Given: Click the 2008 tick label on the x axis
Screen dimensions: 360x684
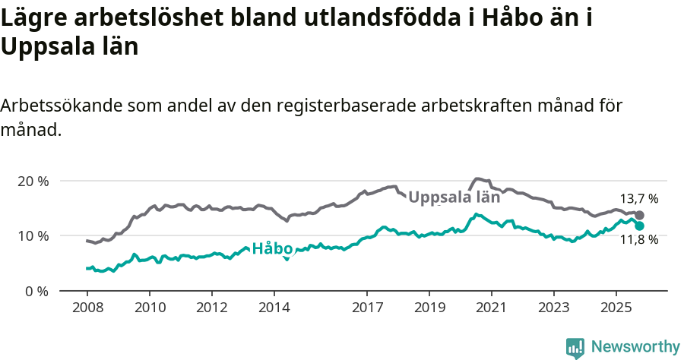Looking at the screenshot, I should click(x=87, y=309).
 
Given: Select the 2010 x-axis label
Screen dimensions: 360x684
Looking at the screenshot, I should click(x=149, y=309).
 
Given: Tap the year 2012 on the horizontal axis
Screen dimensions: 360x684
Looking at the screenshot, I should click(x=211, y=309).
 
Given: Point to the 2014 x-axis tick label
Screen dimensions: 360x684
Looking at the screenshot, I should click(x=274, y=309).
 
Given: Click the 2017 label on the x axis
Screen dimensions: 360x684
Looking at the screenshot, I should click(x=367, y=309).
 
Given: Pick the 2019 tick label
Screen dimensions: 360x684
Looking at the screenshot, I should click(x=429, y=309).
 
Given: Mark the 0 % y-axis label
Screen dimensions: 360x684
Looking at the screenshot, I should click(x=36, y=291).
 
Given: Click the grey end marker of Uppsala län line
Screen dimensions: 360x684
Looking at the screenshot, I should click(x=639, y=216).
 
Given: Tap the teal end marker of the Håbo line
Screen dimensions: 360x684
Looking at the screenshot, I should click(x=639, y=226).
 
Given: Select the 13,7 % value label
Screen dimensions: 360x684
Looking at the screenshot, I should click(x=639, y=199).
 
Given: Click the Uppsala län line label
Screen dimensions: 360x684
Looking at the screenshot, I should click(x=454, y=197).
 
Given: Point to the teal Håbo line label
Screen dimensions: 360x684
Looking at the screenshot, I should click(x=272, y=248).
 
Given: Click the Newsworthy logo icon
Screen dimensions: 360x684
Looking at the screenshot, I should click(x=575, y=347).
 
